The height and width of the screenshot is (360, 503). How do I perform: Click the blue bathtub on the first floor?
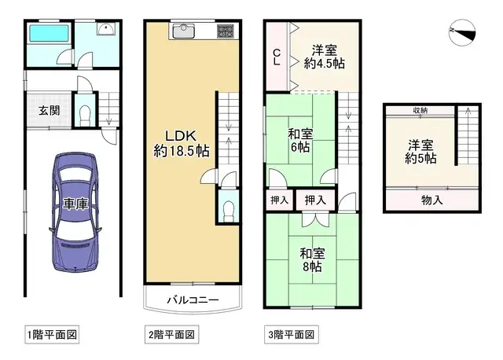tap(49, 35)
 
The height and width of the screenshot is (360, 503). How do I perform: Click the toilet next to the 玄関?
tap(86, 115)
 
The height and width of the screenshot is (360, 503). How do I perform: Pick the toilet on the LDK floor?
tap(226, 208)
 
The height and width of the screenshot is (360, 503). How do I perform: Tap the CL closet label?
tap(276, 57)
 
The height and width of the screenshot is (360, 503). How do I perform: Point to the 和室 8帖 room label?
tap(310, 259)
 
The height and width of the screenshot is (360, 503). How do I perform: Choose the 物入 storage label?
tap(431, 200)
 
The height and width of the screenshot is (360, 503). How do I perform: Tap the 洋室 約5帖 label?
tap(421, 152)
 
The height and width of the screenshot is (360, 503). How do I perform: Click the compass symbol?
tap(463, 31)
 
